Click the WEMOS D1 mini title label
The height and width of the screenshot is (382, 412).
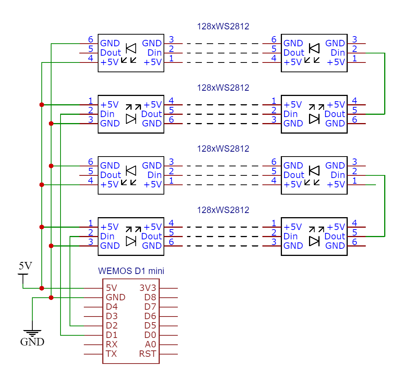131,271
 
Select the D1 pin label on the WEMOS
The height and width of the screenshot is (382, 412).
112,335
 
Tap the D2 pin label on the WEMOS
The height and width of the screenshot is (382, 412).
112,326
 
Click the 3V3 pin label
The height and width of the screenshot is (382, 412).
147,288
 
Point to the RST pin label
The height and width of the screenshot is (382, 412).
147,354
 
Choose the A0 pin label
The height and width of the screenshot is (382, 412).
150,344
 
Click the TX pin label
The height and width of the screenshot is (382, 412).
111,354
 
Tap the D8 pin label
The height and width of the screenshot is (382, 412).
150,297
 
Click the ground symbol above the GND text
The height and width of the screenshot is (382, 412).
32,333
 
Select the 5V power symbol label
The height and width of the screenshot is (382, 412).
25,266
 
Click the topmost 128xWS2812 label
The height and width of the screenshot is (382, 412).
223,26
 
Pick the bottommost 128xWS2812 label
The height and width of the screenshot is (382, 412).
223,210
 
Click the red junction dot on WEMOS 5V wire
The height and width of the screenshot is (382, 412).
42,288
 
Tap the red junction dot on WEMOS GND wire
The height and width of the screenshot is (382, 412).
51,298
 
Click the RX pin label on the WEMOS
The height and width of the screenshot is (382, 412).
112,344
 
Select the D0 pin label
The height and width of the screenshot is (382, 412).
150,335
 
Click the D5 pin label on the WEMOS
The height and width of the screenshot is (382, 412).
150,326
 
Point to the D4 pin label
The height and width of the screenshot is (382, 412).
112,307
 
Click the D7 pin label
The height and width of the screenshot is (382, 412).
150,307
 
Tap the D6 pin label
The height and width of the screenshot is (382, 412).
150,316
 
